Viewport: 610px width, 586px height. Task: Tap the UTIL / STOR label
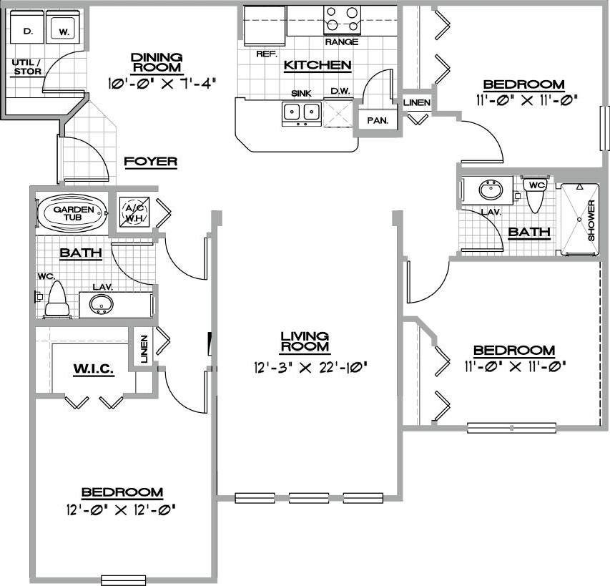click(x=26, y=67)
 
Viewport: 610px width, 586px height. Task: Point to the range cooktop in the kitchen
click(x=341, y=19)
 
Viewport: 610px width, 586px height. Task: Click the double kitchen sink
click(x=301, y=112)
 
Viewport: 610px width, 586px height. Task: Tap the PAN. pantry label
click(x=377, y=120)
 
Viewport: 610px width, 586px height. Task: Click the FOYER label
click(x=150, y=162)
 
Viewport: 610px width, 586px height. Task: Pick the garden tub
click(x=71, y=213)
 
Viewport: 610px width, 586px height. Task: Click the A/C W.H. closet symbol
click(x=134, y=211)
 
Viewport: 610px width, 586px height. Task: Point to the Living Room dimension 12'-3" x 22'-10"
click(x=304, y=368)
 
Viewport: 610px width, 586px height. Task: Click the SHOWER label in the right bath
click(x=592, y=220)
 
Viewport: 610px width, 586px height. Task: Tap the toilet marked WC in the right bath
click(x=536, y=193)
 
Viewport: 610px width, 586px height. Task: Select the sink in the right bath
click(x=491, y=191)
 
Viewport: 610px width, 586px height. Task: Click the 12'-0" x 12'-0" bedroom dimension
click(x=122, y=510)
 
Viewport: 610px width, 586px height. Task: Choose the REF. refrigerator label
click(x=266, y=54)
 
